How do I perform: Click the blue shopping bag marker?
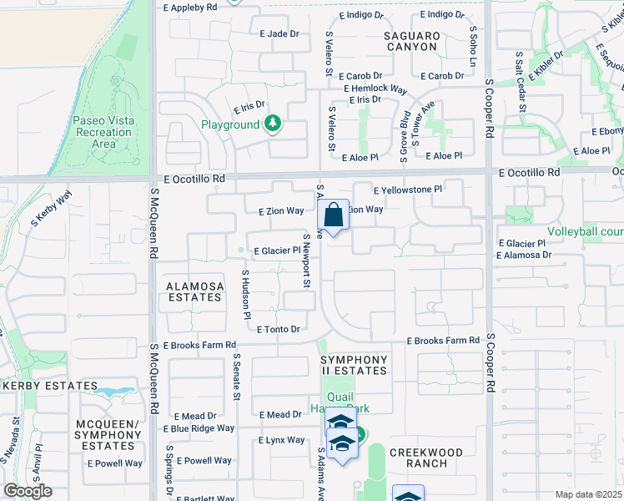[x=333, y=215]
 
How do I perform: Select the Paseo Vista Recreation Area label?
[x=103, y=132]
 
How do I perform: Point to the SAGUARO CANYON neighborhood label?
[x=411, y=41]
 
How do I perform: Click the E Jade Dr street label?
[x=279, y=33]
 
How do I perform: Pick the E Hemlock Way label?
[x=374, y=89]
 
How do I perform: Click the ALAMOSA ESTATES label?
[x=195, y=291]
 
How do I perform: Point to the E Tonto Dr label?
[x=278, y=330]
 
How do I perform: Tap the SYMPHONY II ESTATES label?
[x=355, y=365]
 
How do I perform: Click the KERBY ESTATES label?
[x=51, y=386]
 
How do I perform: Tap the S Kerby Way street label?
[x=52, y=210]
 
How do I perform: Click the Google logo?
[x=28, y=491]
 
